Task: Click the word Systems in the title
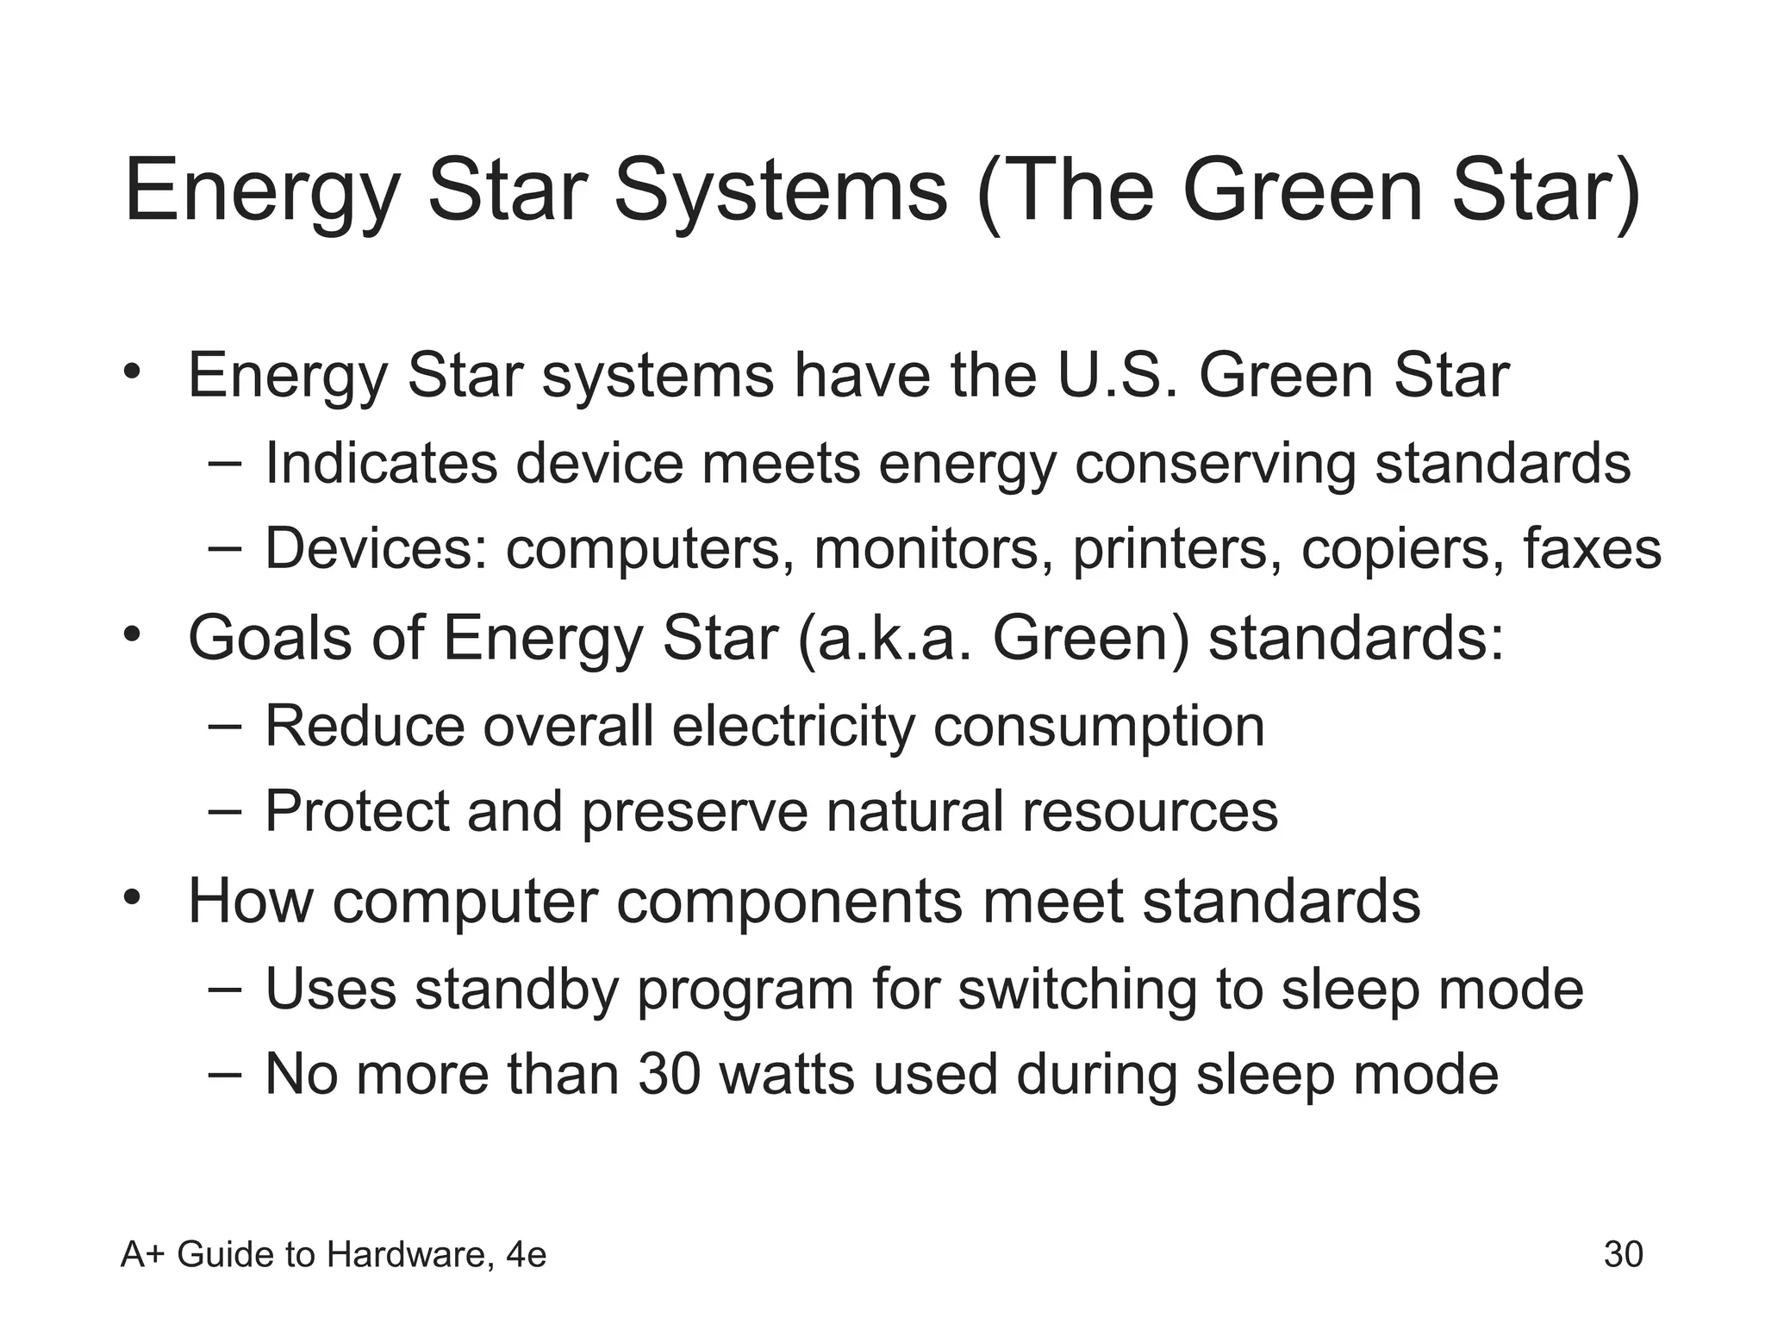pos(780,191)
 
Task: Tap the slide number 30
pos(1623,1254)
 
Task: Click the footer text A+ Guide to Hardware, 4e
pos(334,1254)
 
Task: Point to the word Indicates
pos(381,463)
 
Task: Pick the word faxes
pos(1592,549)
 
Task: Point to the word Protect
pos(357,811)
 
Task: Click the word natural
pos(914,811)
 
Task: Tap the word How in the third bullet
pos(250,902)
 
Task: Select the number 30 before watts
pos(670,1075)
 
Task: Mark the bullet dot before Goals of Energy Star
pos(131,635)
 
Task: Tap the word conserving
pos(1214,463)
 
